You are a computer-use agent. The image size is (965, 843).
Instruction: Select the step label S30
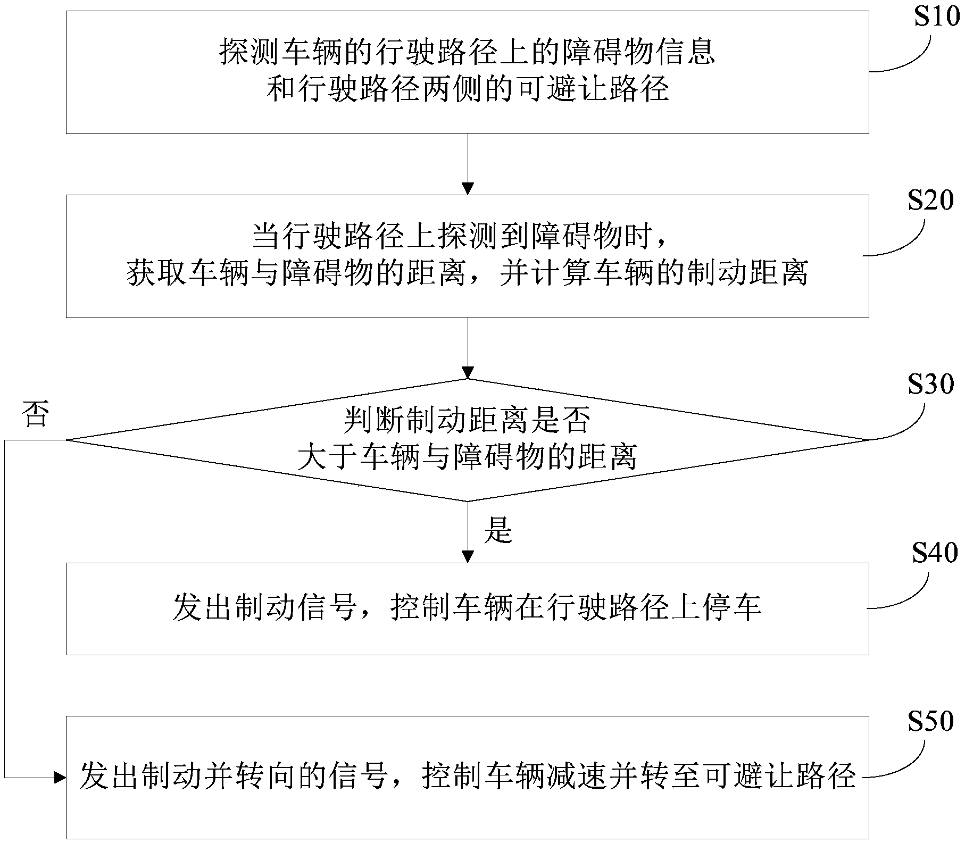[931, 385]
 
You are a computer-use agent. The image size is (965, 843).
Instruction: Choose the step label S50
[930, 722]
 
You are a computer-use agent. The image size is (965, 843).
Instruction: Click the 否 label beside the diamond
[35, 413]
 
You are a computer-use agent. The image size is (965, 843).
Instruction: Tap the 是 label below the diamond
[497, 530]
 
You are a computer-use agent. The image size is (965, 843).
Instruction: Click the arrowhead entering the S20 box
[467, 189]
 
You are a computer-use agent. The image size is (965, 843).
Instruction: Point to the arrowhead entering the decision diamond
[467, 372]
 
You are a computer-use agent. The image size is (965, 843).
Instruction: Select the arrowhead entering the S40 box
[467, 556]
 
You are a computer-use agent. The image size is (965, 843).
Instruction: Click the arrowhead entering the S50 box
[60, 778]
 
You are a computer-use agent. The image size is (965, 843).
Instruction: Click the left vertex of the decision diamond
[67, 440]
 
